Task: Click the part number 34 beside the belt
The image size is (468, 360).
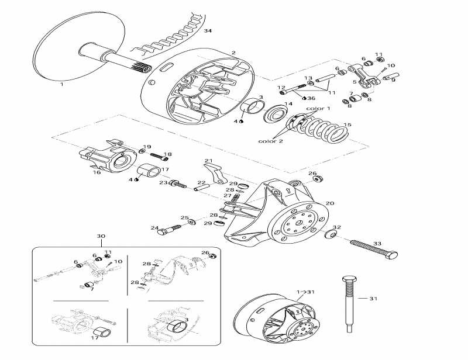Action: pos(207,31)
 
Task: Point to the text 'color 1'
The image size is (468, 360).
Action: pos(319,109)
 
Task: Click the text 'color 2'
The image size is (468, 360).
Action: pos(270,141)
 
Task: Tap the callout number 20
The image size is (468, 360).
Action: pos(331,203)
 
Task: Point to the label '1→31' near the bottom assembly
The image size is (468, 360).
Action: pos(305,292)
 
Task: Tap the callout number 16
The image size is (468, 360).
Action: pos(97,173)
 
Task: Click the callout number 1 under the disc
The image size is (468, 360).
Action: pos(61,84)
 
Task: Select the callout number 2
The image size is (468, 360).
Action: pos(233,53)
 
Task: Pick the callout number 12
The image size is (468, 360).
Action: pos(281,88)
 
